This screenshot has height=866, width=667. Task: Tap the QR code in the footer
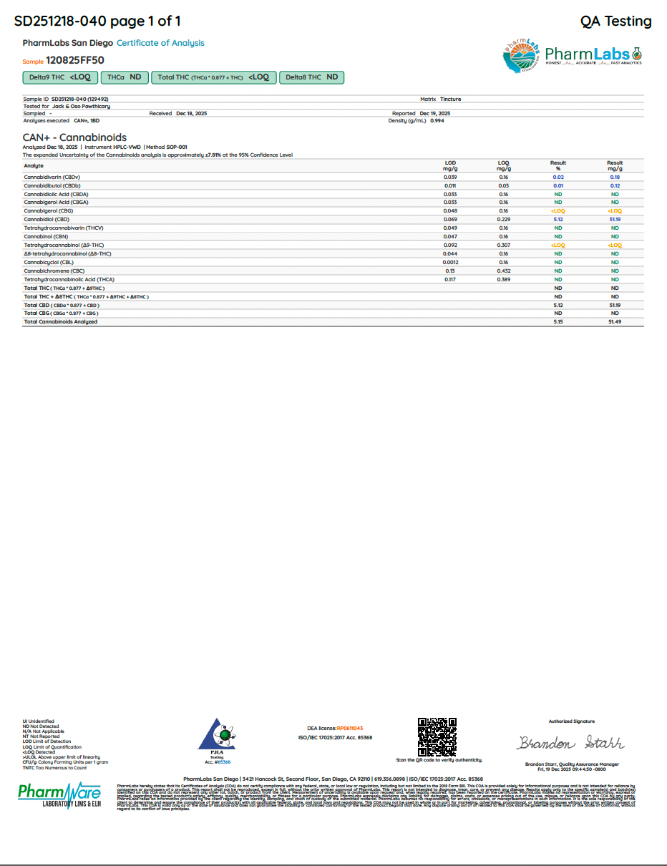pos(437,736)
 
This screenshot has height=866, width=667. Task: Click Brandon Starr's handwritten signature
pos(570,741)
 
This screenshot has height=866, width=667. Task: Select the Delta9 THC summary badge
pos(59,77)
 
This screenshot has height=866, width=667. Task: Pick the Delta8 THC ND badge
pos(311,77)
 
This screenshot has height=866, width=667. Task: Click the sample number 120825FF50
pos(75,61)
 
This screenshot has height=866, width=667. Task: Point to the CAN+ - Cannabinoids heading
pos(74,137)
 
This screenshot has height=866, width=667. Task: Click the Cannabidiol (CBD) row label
pos(47,219)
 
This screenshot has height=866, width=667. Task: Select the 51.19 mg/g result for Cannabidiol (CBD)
pos(614,219)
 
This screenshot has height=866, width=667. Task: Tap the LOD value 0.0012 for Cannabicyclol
pos(450,262)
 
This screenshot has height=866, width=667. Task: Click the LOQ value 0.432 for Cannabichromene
pos(503,271)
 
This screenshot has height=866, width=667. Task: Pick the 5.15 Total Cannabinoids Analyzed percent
pos(558,322)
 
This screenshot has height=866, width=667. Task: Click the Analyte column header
pos(34,165)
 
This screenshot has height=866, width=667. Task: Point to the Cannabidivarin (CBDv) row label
pos(52,177)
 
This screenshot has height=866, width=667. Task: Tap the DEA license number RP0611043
pos(350,728)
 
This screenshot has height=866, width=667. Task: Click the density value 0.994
pos(437,121)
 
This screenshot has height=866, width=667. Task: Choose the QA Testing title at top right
pos(615,21)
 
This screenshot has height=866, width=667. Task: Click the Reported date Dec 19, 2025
pos(435,114)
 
